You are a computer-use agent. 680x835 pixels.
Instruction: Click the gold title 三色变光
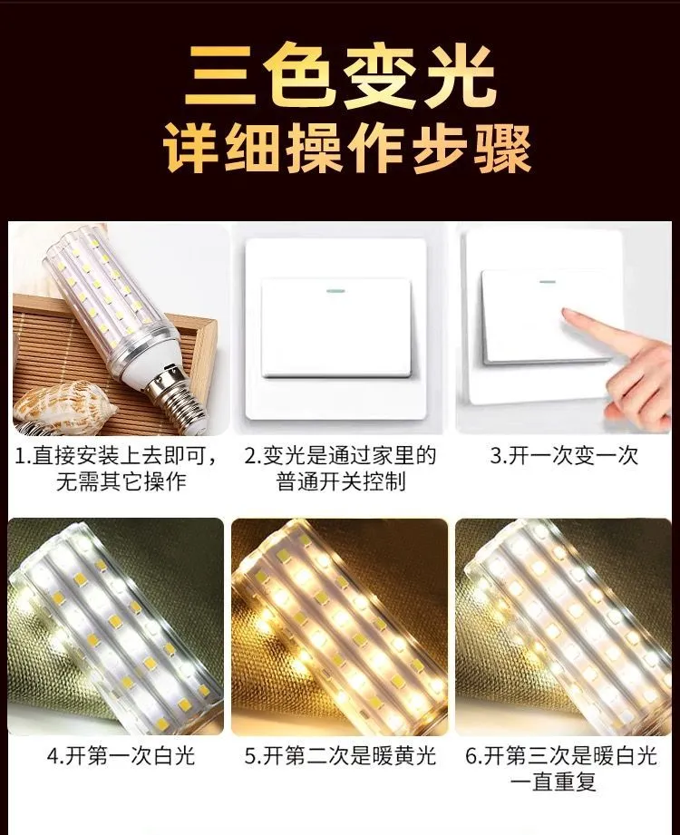(340, 75)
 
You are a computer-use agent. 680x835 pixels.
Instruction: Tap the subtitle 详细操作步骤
(346, 149)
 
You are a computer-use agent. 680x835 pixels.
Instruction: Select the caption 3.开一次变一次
(563, 456)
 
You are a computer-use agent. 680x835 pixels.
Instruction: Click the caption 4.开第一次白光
(121, 755)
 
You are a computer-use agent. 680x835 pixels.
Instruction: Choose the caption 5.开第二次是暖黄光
(340, 755)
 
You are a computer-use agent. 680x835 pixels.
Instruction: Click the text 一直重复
(553, 782)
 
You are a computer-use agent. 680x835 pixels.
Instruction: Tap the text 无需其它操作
(121, 481)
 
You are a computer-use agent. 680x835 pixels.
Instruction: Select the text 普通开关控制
(341, 481)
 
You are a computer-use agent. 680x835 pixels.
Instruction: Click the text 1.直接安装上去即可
(115, 456)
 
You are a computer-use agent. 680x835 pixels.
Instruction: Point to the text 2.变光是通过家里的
(340, 456)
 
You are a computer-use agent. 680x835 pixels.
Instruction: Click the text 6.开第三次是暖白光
(562, 755)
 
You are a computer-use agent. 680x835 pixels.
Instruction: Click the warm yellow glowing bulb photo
(340, 626)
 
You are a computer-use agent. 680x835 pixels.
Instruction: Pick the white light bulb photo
(116, 626)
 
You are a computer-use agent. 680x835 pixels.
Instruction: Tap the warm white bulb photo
(563, 626)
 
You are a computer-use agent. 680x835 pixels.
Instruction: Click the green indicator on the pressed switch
(548, 282)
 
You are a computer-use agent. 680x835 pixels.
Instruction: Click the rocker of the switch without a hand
(336, 327)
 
